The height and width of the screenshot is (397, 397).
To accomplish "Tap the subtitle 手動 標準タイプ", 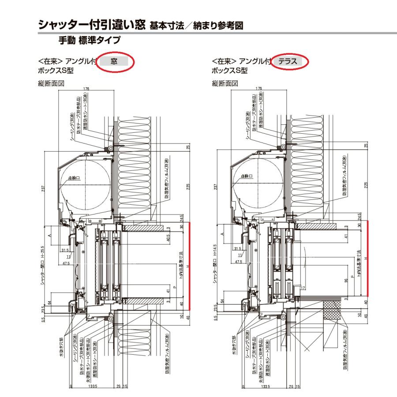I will point(90,41).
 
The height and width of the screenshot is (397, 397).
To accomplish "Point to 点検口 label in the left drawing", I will point(74,178).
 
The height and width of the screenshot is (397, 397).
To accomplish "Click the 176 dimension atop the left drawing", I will point(86,89).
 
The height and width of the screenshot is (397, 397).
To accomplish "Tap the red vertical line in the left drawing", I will point(189,265).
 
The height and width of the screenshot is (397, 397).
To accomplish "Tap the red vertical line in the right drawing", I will point(367,258).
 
